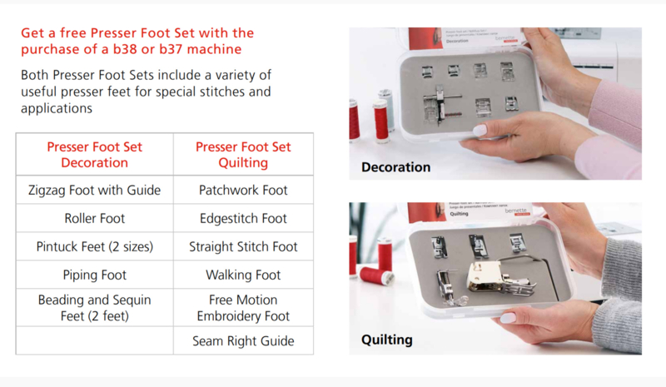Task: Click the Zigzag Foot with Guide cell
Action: tap(94, 190)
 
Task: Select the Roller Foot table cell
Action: tap(94, 218)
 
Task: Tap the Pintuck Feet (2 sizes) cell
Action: tap(94, 246)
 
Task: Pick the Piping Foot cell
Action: tap(94, 275)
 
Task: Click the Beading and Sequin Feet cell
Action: tap(94, 308)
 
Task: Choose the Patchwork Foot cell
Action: tap(243, 190)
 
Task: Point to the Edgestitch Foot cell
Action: tap(243, 218)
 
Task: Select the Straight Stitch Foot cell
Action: tap(243, 246)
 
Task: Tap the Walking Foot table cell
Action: tap(243, 275)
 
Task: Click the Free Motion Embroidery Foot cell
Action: tap(243, 308)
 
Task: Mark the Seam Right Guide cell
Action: tap(243, 340)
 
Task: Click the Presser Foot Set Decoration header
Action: tap(94, 155)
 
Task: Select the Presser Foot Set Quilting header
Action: tap(243, 155)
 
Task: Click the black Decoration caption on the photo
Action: tap(396, 167)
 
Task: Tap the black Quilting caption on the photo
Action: tap(387, 340)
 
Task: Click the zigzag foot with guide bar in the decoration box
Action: tap(440, 107)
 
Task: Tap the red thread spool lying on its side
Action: tap(377, 275)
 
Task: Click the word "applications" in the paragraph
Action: tap(57, 109)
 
